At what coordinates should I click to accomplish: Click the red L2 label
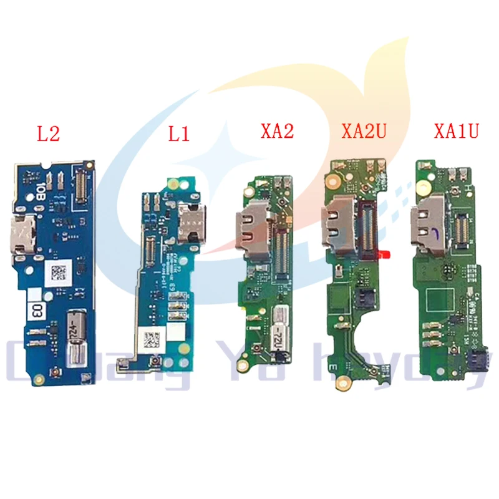click(x=49, y=133)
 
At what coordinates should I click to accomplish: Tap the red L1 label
click(x=178, y=134)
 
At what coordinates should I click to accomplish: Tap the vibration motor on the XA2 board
click(x=279, y=329)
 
